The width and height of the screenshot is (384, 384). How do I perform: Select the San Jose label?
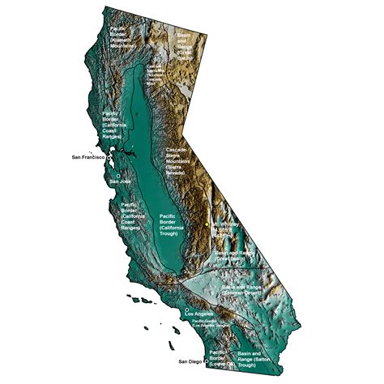tap(119, 181)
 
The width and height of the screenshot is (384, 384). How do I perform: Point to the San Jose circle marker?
tap(119, 175)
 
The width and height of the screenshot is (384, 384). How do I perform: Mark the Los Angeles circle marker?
tap(187, 309)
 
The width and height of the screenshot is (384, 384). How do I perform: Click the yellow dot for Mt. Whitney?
tap(207, 223)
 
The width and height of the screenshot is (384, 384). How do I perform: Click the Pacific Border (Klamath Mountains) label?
tap(122, 37)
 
